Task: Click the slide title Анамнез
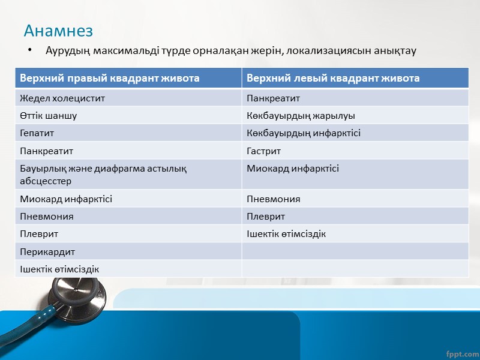[x=58, y=29]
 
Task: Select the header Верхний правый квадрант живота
[x=110, y=78]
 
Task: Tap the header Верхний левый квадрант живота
[x=333, y=78]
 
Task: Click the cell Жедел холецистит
[x=58, y=98]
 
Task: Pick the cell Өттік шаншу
[x=48, y=115]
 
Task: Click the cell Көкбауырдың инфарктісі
[x=304, y=133]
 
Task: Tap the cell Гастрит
[x=263, y=151]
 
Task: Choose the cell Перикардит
[x=47, y=251]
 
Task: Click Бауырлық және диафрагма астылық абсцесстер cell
[x=103, y=175]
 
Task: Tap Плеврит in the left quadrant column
[x=265, y=216]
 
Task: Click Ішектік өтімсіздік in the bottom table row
[x=59, y=269]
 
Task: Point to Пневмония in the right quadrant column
[x=47, y=216]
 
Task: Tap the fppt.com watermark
[x=463, y=349]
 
